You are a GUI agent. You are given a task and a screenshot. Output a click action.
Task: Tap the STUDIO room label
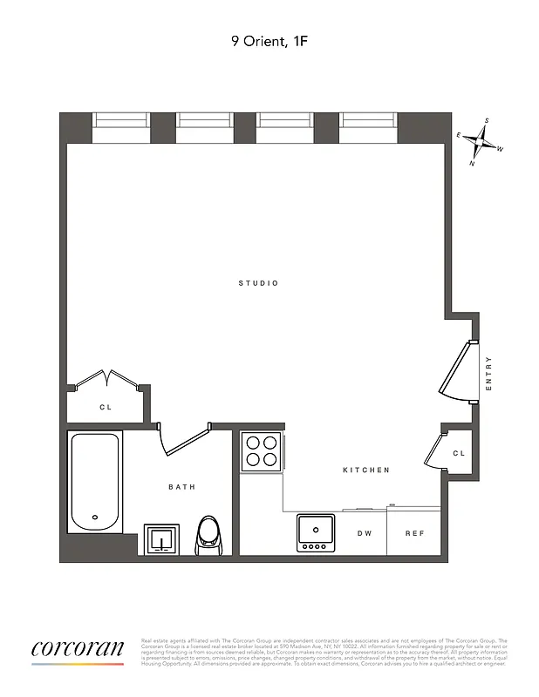tap(259, 283)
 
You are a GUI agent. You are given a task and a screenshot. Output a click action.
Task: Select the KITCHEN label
tap(365, 470)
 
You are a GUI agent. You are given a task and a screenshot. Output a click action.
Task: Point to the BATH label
tap(181, 487)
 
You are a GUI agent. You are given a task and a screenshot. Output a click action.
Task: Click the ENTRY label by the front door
tap(488, 373)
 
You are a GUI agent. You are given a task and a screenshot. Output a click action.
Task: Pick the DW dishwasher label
tap(365, 533)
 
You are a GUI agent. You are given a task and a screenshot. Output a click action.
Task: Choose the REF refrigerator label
tap(414, 533)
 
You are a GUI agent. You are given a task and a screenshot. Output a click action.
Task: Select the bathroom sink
tap(161, 539)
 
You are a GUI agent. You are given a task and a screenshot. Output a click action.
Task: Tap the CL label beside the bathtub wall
tap(106, 407)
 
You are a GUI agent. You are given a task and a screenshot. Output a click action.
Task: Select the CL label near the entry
tap(459, 454)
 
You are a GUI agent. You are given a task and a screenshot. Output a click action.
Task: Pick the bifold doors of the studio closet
tap(106, 380)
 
